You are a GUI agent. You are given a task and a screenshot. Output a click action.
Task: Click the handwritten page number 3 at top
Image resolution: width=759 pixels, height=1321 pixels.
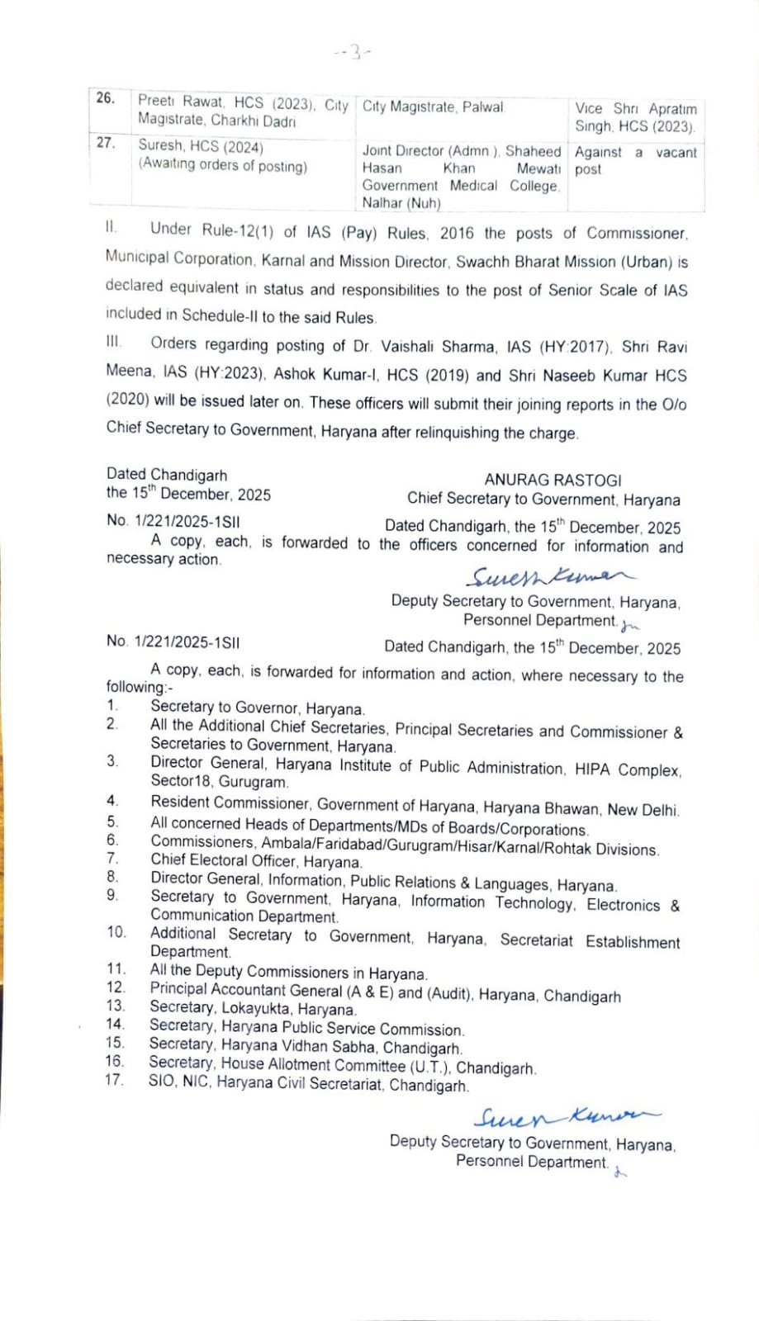[355, 54]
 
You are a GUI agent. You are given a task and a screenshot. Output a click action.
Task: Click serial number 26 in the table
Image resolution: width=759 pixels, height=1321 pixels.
[106, 98]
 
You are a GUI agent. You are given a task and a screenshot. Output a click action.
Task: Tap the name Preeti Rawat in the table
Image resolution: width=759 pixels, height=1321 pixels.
[181, 102]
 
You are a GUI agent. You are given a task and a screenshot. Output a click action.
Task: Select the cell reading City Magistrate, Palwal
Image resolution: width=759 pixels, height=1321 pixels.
[433, 107]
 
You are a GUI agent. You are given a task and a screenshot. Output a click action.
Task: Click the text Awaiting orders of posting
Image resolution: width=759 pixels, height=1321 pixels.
[223, 165]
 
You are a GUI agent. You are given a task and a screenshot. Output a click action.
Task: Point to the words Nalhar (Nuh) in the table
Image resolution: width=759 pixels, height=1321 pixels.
[401, 203]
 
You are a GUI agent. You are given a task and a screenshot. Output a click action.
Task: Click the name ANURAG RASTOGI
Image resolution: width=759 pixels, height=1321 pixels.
[553, 480]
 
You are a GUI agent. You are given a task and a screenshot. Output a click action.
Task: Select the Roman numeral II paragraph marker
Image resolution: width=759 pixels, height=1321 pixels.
[111, 227]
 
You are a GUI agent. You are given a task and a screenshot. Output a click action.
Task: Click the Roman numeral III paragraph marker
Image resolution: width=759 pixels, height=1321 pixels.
[114, 342]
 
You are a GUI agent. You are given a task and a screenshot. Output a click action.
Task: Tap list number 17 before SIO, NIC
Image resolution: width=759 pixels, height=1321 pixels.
[114, 1080]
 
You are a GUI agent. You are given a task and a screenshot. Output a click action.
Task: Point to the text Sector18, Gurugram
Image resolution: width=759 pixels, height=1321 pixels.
[219, 782]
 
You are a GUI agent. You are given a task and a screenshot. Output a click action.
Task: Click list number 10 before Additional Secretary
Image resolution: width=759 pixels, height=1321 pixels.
[116, 932]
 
